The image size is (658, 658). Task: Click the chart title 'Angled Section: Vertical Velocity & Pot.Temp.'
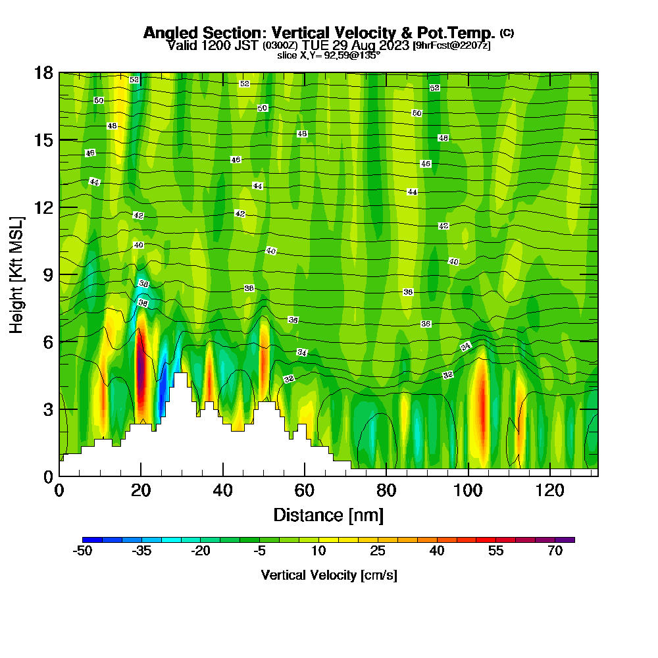point(319,33)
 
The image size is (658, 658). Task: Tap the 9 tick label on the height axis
point(47,274)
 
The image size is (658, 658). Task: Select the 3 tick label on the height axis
point(47,409)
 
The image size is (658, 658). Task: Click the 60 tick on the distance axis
point(304,490)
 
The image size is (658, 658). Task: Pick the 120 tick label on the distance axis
point(549,490)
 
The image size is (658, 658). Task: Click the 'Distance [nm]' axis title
point(328,515)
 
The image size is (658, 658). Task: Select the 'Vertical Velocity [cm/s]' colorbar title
point(328,575)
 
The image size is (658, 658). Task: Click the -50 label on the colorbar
point(82,551)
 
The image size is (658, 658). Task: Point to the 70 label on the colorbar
point(555,551)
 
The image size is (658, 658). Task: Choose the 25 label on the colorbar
point(377,551)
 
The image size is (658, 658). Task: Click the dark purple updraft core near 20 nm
point(141,372)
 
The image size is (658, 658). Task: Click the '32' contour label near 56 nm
point(288,379)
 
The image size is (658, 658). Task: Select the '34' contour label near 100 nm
point(466,346)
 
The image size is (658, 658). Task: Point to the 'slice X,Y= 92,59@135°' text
point(328,55)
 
